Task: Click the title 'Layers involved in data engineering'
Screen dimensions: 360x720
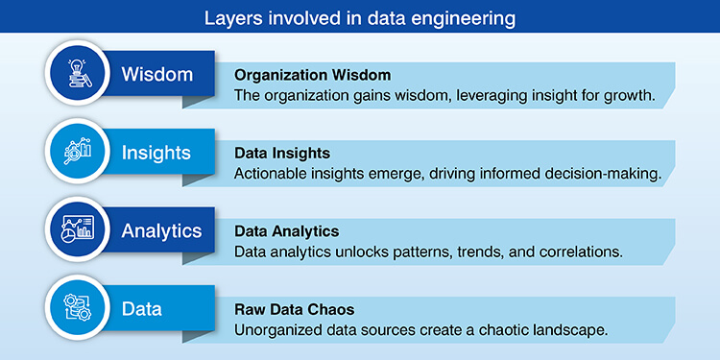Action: point(360,16)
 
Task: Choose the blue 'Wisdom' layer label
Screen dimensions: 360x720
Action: point(156,73)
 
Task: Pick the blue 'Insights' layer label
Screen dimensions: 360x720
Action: point(156,152)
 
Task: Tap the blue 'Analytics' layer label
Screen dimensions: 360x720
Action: point(161,230)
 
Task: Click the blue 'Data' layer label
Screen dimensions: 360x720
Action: point(141,309)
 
